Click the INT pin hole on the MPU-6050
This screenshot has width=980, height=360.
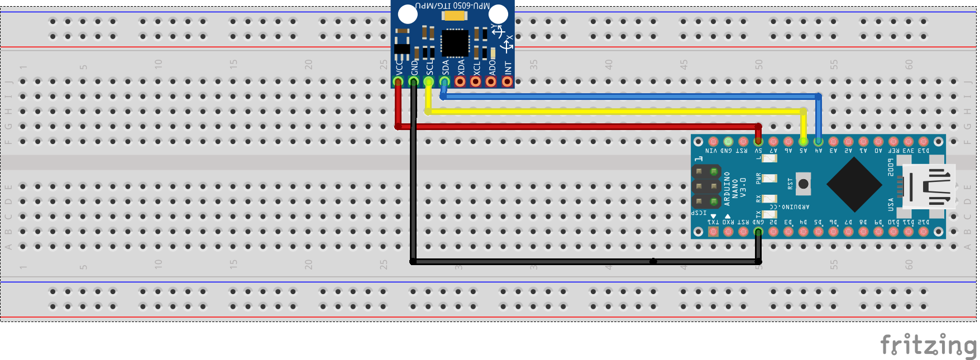(507, 81)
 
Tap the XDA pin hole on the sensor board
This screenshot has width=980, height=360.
(460, 81)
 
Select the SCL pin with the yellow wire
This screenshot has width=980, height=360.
(428, 81)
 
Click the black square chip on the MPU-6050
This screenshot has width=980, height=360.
(455, 43)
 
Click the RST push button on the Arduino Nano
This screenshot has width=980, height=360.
(803, 184)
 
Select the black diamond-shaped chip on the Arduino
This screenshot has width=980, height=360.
(854, 184)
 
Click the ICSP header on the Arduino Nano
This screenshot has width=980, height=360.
(706, 186)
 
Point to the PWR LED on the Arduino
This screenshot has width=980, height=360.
(769, 179)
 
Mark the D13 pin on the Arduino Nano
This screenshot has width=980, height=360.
(924, 142)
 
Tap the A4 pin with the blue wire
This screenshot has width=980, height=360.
(818, 142)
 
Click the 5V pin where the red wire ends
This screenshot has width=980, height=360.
(758, 142)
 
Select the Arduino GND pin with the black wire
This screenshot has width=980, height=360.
(758, 231)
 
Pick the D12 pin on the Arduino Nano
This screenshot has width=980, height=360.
(924, 231)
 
